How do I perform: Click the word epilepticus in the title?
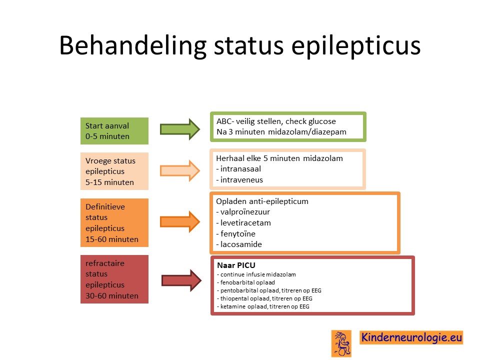coord(355,45)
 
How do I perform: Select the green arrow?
coord(180,129)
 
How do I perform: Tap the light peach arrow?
coord(180,170)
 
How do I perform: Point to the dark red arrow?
coord(181,280)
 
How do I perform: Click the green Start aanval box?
coord(114,130)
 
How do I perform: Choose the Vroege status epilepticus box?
coord(114,171)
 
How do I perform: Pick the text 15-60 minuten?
coord(112,239)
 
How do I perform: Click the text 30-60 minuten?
coord(112,295)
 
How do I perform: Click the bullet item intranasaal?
coord(238,168)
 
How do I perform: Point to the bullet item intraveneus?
coord(239,179)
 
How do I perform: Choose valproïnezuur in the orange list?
coord(243,212)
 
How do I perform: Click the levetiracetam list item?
coord(243,223)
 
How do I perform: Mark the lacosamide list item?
coord(239,244)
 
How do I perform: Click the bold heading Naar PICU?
coord(236,265)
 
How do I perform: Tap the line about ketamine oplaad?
coord(263,306)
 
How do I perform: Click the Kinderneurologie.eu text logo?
coord(411,337)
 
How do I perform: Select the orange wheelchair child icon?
coord(341,343)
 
